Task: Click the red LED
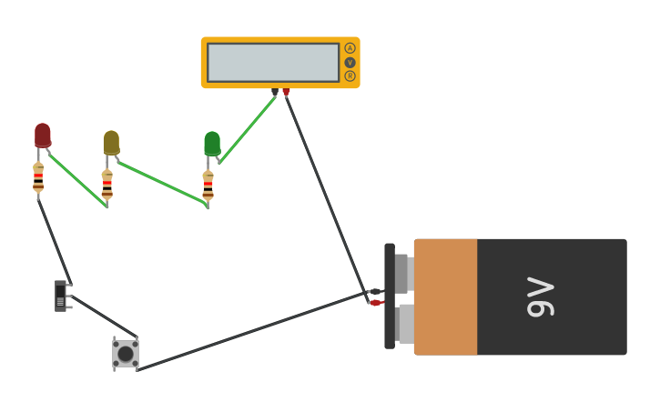[x=43, y=135]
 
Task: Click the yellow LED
[x=111, y=142]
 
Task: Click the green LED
[x=212, y=143]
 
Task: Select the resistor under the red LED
[x=38, y=178]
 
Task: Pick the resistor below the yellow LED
[x=107, y=184]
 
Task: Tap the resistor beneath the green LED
[x=208, y=185]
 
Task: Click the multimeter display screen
[x=273, y=63]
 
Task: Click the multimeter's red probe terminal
[x=286, y=92]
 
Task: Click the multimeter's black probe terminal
[x=275, y=92]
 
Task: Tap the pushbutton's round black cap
[x=126, y=353]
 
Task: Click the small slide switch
[x=61, y=296]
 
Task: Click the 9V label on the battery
[x=540, y=296]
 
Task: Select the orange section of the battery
[x=445, y=296]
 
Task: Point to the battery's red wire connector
[x=374, y=303]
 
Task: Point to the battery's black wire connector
[x=374, y=292]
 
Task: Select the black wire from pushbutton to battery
[x=255, y=330]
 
